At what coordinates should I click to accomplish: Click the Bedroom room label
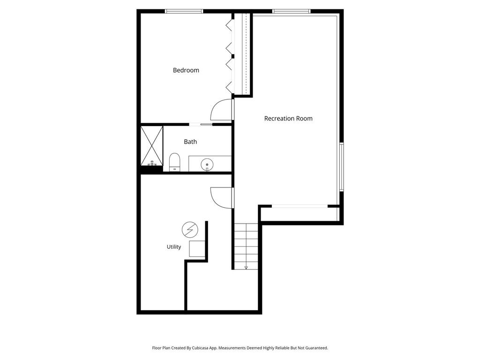(x=186, y=70)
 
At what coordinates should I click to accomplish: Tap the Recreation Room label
(x=288, y=119)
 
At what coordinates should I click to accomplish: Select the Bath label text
(x=190, y=142)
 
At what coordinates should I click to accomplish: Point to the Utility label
(x=174, y=247)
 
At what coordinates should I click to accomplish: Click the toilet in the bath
(x=175, y=162)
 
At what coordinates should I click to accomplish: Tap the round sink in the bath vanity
(x=207, y=164)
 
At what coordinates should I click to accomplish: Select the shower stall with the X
(x=152, y=146)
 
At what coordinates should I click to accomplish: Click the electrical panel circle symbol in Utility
(x=190, y=230)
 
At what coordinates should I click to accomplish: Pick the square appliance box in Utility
(x=197, y=249)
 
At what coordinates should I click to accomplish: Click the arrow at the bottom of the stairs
(x=246, y=268)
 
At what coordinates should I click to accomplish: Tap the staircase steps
(x=246, y=246)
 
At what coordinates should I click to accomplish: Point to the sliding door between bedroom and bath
(x=201, y=124)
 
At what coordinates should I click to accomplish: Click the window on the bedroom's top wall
(x=184, y=11)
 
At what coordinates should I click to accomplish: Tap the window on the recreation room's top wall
(x=292, y=11)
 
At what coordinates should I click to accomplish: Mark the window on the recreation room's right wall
(x=342, y=167)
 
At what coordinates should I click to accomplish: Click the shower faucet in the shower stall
(x=152, y=163)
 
